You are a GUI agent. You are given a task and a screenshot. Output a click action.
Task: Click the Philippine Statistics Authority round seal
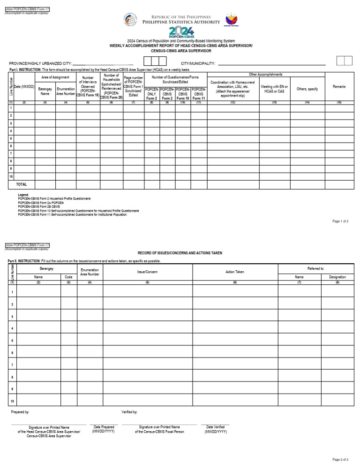[x=130, y=19]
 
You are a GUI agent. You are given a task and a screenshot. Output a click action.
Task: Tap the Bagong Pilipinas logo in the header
[x=232, y=20]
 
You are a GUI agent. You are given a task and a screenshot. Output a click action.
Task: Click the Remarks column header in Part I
[x=339, y=87]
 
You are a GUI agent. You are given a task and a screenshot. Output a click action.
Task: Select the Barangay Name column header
[x=45, y=91]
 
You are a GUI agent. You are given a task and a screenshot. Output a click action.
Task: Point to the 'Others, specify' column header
[x=307, y=89]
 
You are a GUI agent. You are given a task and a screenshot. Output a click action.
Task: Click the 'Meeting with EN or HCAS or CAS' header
[x=274, y=89]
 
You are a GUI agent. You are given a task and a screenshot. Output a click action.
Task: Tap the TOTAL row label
[x=22, y=184]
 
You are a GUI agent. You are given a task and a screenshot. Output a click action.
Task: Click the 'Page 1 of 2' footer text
[x=340, y=221]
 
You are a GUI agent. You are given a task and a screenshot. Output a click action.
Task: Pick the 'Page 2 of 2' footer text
[x=340, y=459]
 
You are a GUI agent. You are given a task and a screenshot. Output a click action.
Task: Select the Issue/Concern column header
[x=147, y=272]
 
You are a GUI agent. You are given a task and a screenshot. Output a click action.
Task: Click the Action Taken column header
[x=235, y=272]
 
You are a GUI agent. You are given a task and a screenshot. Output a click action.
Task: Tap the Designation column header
[x=337, y=277]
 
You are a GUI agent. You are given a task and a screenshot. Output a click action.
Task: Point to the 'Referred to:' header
[x=315, y=268]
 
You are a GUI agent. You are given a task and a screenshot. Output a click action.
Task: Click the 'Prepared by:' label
[x=20, y=412]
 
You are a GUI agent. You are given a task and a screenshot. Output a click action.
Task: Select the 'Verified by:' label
[x=129, y=412]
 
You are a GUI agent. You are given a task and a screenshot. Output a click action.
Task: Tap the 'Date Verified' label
[x=216, y=427]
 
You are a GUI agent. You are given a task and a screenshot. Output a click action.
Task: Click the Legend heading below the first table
[x=23, y=195]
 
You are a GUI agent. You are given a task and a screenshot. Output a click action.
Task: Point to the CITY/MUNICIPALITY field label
[x=198, y=63]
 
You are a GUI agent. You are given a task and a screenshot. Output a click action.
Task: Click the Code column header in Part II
[x=68, y=277]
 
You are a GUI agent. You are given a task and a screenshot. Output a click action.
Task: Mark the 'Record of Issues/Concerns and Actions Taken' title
[x=180, y=253]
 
